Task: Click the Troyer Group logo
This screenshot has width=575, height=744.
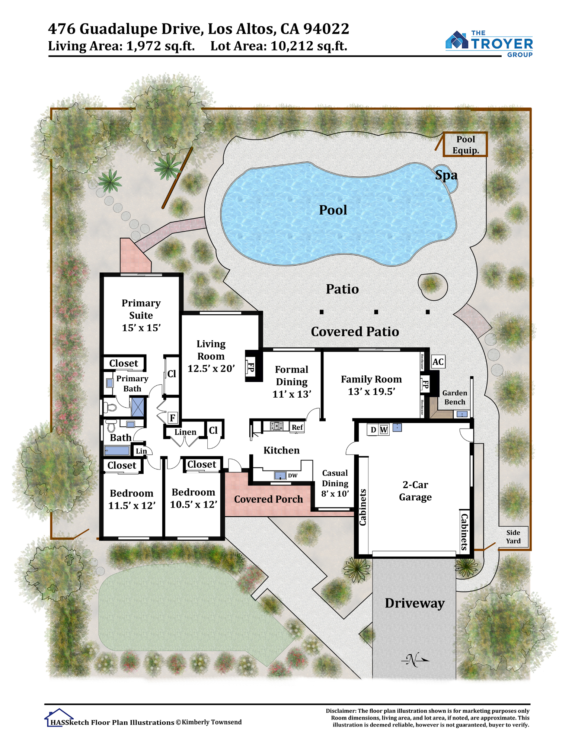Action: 489,44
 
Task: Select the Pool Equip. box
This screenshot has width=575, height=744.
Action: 465,144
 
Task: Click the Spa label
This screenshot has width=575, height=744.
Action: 446,175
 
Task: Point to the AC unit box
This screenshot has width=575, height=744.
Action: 438,362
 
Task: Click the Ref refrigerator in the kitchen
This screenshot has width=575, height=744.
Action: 297,427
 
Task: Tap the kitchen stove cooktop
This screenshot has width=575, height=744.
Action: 277,426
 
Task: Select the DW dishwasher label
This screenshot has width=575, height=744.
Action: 293,475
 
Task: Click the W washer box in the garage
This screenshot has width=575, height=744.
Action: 384,430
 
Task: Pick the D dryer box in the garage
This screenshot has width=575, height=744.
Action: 373,430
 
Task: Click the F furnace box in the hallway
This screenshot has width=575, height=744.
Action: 172,418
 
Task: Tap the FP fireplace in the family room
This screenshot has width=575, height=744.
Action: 425,384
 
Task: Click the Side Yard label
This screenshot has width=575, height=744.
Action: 513,536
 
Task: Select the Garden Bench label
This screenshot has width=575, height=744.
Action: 454,397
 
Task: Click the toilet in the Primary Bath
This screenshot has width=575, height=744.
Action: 109,407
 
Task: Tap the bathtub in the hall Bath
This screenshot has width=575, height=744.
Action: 117,450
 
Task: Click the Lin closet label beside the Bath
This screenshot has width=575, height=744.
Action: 141,451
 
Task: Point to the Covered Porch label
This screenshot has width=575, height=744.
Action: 268,499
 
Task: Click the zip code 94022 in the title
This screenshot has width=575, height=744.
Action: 326,29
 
